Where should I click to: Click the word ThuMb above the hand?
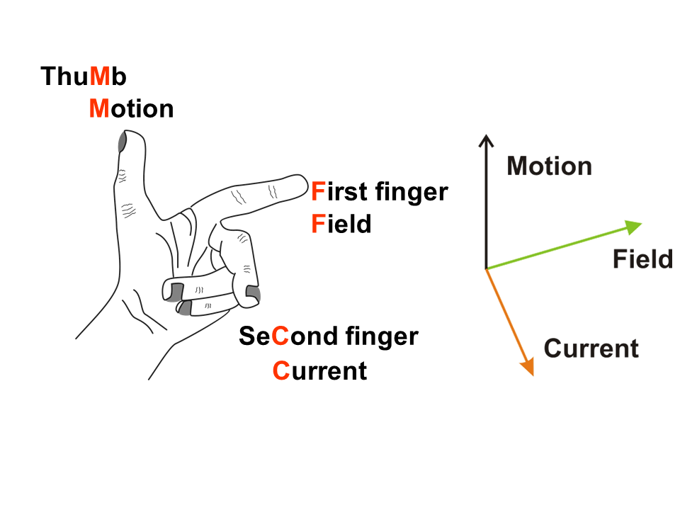point(84,76)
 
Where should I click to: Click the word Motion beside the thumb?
point(131,108)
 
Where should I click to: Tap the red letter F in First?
point(318,191)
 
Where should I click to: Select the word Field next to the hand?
point(341,225)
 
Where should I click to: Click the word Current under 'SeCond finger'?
point(319,370)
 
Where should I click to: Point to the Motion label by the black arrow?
point(549,166)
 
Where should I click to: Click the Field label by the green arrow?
point(642,259)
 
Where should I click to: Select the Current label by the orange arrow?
point(591,348)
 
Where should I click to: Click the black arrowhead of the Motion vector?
point(485,140)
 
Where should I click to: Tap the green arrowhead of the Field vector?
point(634,226)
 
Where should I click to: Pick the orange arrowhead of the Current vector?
point(527,366)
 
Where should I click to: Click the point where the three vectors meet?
point(486,269)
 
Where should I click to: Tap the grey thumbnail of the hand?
point(122,142)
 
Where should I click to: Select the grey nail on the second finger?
point(253,293)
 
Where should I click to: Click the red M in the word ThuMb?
point(101,76)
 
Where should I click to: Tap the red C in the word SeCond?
point(280,336)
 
